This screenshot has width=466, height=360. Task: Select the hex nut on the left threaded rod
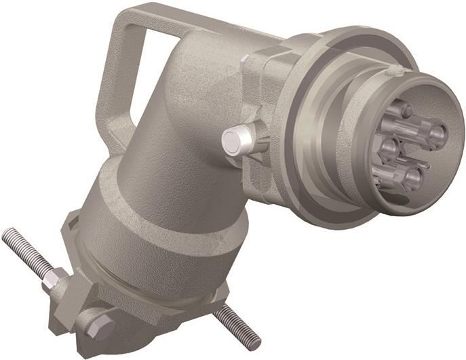(x=56, y=279)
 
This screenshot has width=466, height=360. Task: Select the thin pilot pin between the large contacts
(x=426, y=163)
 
